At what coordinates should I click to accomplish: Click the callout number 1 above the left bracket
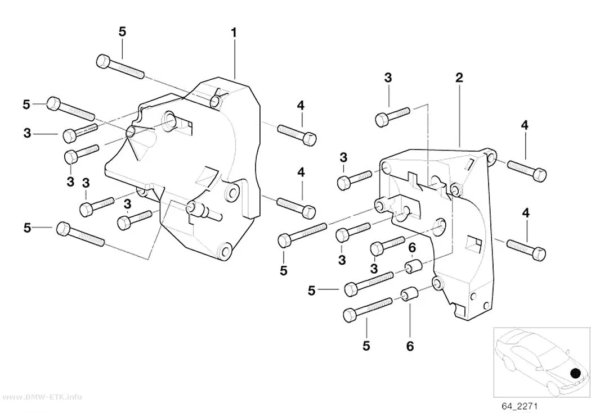click(x=234, y=33)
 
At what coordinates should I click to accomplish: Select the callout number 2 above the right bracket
click(x=459, y=78)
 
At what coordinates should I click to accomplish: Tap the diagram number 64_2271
click(x=520, y=406)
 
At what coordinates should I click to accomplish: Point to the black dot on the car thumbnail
click(x=576, y=373)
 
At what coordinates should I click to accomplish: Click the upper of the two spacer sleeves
click(x=413, y=266)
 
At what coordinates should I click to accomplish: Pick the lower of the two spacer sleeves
click(x=409, y=294)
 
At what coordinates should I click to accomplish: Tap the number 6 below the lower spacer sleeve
click(x=410, y=346)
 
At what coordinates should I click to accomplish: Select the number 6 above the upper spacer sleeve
click(x=412, y=248)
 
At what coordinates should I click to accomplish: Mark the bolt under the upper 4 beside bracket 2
click(x=527, y=170)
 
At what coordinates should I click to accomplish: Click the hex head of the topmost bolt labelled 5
click(x=103, y=61)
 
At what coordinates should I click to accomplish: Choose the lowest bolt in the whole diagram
click(x=368, y=310)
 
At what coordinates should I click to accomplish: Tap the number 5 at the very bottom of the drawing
click(x=366, y=346)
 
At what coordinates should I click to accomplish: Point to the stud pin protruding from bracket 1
click(x=204, y=211)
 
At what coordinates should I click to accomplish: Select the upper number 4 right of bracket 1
click(x=301, y=106)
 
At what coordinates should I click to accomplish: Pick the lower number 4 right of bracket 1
click(x=301, y=173)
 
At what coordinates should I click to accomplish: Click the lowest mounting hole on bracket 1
click(x=226, y=251)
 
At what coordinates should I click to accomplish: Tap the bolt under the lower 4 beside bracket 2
click(x=526, y=249)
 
